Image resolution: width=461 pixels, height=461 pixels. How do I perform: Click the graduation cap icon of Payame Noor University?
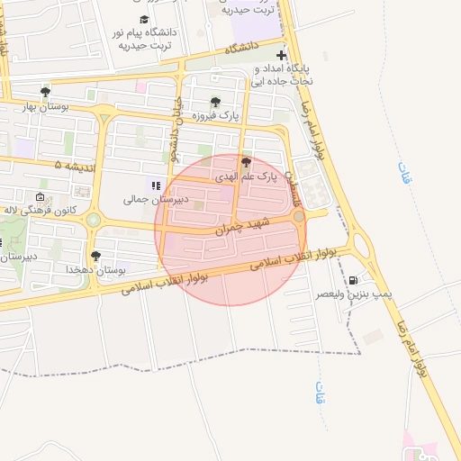tap(144, 19)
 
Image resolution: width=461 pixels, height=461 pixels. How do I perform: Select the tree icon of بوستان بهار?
tap(46, 91)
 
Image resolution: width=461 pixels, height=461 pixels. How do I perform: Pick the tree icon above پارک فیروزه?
tap(214, 101)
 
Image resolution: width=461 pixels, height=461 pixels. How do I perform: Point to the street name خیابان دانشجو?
tap(177, 135)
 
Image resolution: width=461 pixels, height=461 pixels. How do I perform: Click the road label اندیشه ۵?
tap(71, 166)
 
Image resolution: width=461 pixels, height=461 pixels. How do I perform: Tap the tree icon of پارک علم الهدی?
tap(246, 162)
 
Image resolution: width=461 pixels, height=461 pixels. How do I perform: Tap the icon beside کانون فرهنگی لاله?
tap(40, 197)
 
